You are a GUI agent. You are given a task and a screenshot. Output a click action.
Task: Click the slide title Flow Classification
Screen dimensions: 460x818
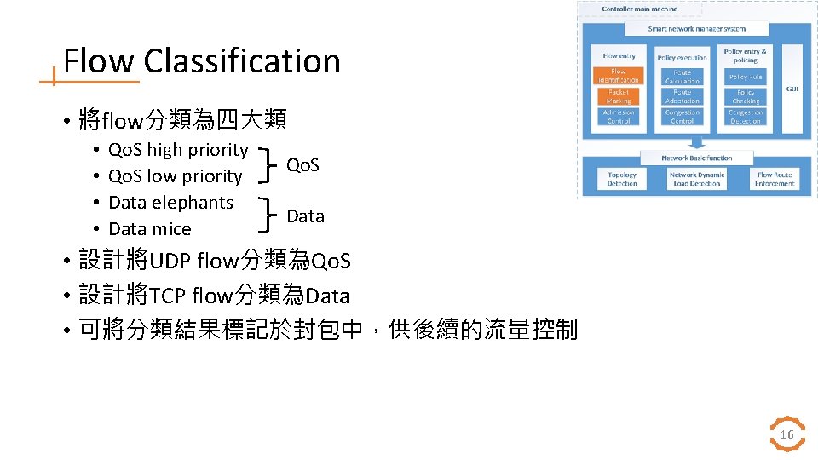coord(202,61)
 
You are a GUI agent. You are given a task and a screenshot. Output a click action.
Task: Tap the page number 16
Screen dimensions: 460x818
coord(786,435)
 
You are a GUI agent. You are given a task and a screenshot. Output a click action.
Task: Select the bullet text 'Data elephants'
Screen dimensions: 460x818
coord(170,203)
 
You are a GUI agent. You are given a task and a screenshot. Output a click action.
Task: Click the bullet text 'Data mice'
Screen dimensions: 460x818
coord(150,229)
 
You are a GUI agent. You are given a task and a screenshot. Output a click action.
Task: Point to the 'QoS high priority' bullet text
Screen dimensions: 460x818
coord(178,150)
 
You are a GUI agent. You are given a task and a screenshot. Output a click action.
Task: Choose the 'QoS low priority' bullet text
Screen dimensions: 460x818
coord(176,176)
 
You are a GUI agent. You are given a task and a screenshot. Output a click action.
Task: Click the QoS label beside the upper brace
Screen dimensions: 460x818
coord(302,164)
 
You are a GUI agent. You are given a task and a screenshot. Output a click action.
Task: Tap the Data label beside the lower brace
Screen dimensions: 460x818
coord(305,216)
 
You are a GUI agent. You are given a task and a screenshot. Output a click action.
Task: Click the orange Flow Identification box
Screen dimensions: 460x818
coord(619,77)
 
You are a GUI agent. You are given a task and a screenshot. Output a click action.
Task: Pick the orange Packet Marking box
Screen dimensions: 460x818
coord(619,96)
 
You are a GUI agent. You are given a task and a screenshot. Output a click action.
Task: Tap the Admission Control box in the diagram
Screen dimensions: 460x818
coord(619,117)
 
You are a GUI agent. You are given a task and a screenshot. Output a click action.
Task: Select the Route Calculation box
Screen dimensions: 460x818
coord(682,77)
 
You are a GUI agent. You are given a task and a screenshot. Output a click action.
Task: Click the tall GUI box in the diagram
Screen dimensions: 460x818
coord(792,89)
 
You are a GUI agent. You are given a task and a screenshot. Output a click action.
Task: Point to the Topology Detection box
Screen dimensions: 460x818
coord(622,179)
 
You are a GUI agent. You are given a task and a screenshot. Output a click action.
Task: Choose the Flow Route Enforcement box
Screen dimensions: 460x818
coord(775,179)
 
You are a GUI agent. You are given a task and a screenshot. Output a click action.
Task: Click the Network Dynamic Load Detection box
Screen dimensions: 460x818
coord(696,179)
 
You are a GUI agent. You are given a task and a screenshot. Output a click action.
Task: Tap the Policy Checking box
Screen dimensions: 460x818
coord(746,96)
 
